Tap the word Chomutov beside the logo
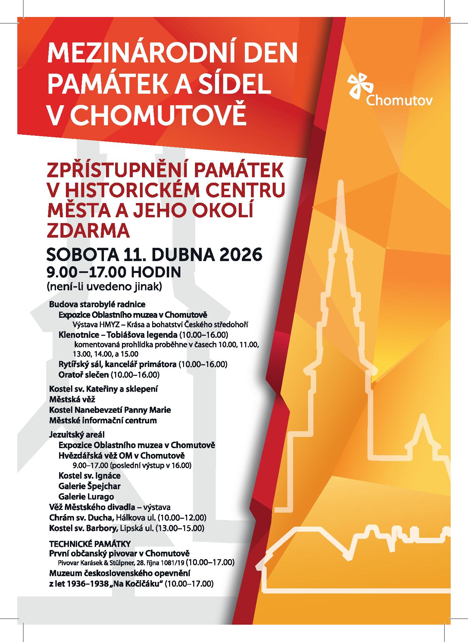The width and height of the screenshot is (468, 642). point(399,100)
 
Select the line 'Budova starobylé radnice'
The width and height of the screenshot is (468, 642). point(97,304)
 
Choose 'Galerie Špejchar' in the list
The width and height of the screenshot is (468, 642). point(89,486)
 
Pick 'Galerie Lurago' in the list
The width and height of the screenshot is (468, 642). point(86,496)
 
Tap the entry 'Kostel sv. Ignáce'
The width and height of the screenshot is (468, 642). point(89,475)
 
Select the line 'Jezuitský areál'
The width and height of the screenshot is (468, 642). point(77,434)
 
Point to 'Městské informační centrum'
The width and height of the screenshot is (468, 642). point(103,420)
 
